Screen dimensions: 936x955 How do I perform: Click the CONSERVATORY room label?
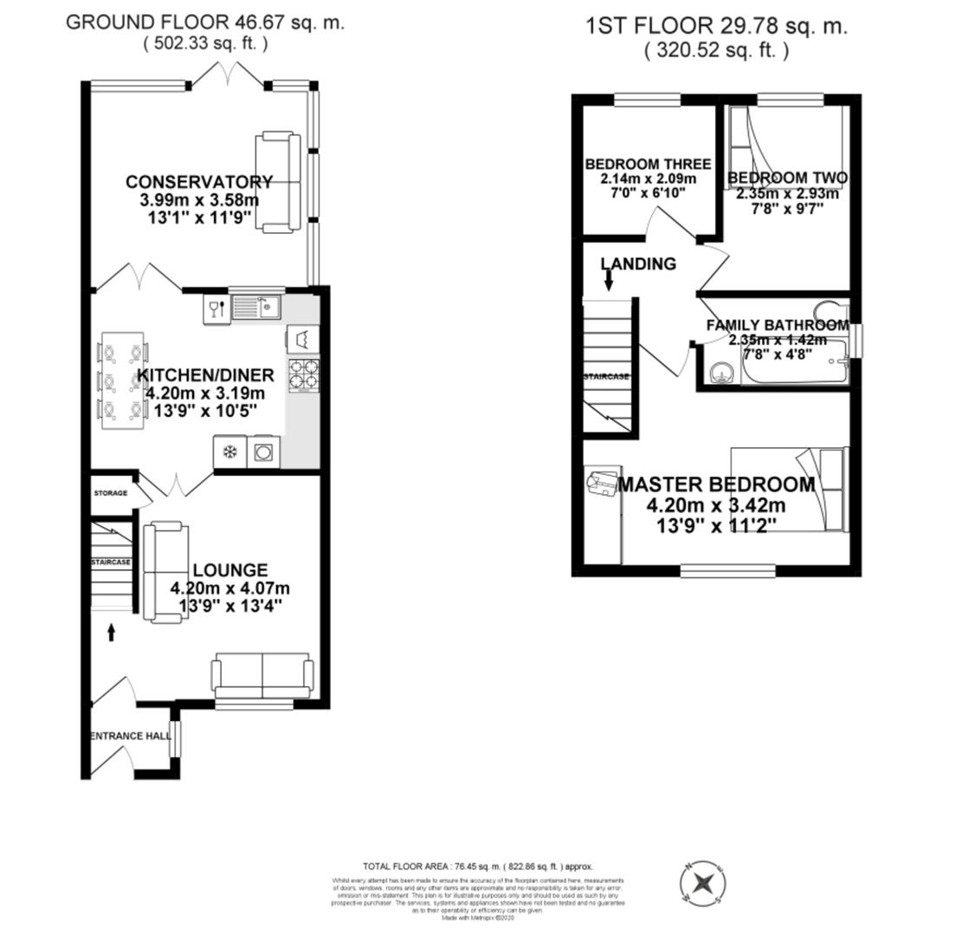(199, 182)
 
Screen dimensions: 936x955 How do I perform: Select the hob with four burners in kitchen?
(303, 375)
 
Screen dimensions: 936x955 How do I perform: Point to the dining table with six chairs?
(122, 380)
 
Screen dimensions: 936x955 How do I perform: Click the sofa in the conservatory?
(278, 182)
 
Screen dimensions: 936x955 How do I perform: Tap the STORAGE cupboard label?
(110, 493)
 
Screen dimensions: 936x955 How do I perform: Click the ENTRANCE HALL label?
(130, 737)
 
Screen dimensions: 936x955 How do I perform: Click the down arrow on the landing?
(609, 279)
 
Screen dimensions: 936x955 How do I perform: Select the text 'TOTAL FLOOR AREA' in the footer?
(404, 866)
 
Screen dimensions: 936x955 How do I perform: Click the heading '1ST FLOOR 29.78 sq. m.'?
(716, 26)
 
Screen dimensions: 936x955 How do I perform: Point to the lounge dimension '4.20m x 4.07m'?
(230, 588)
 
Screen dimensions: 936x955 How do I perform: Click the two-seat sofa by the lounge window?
(262, 674)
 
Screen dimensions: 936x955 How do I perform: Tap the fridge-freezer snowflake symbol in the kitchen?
(229, 452)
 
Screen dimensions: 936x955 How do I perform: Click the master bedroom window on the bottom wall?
(727, 569)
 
